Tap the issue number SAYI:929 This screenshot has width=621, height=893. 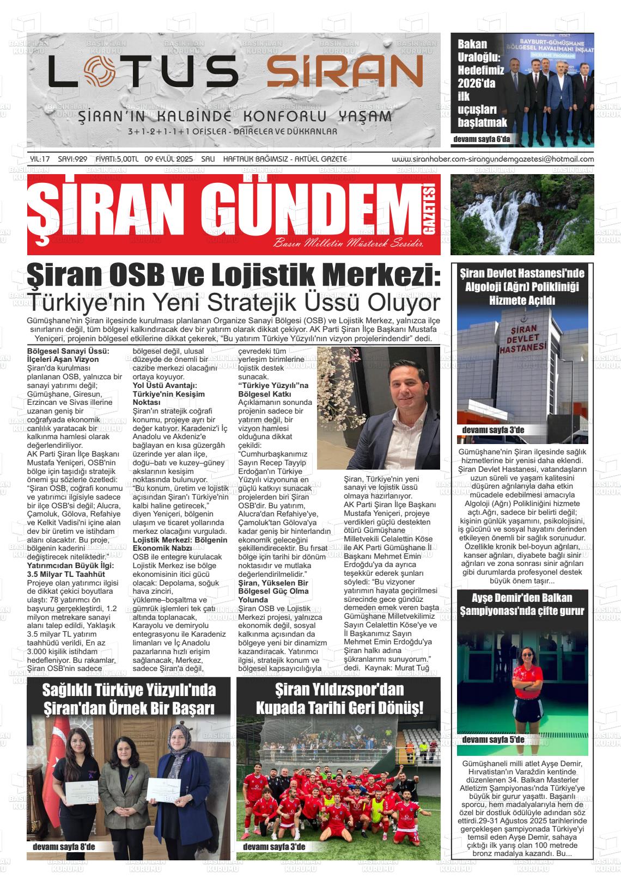click(x=72, y=159)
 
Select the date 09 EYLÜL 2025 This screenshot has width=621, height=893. click(x=169, y=159)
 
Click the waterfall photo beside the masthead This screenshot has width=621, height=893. click(x=522, y=214)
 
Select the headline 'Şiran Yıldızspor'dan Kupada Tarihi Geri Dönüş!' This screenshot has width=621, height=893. click(x=338, y=699)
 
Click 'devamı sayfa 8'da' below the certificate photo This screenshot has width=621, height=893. click(x=64, y=847)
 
